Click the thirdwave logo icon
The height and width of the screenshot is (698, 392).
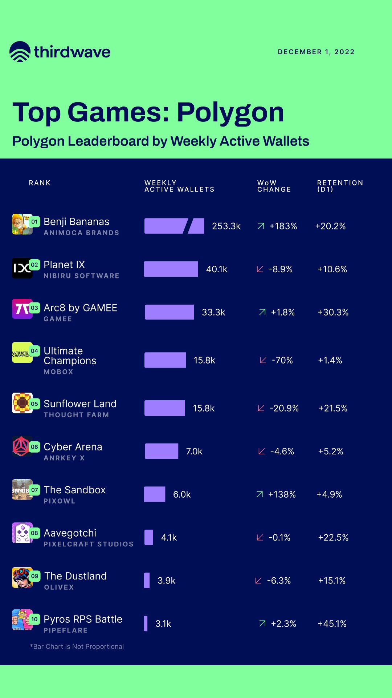pos(20,52)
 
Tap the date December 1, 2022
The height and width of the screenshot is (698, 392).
pos(316,52)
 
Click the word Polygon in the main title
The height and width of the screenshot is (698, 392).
pos(230,112)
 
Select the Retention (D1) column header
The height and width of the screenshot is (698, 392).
pos(340,186)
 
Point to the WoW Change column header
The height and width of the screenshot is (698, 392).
pos(274,186)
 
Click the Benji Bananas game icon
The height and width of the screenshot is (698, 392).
pos(22,224)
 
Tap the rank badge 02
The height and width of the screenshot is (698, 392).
pos(34,265)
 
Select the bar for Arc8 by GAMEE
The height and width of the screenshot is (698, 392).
pos(169,312)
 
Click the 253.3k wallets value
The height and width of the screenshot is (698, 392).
pos(226,226)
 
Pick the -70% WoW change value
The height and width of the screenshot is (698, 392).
pos(282,360)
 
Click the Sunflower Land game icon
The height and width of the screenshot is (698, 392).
pos(22,403)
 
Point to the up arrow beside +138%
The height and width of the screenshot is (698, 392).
pos(260,494)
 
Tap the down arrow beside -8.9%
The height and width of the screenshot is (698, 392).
pos(260,269)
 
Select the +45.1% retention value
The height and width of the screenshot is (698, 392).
pos(332,623)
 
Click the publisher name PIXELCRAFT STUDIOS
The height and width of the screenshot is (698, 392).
pos(89,544)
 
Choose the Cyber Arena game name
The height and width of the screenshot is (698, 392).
pos(73,447)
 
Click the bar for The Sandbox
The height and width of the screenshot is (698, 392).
pos(155,494)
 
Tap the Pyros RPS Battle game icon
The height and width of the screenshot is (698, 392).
pos(22,619)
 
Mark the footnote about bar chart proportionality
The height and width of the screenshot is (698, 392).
pos(77,646)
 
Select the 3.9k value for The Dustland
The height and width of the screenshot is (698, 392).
pos(166,581)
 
